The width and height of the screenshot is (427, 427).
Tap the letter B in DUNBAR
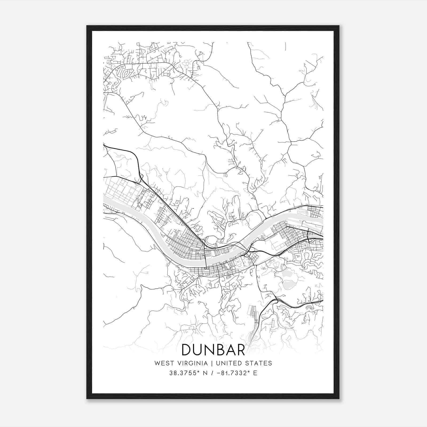[221, 350]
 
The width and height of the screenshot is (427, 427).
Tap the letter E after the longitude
[255, 373]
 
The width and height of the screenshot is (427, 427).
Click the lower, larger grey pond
[287, 285]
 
